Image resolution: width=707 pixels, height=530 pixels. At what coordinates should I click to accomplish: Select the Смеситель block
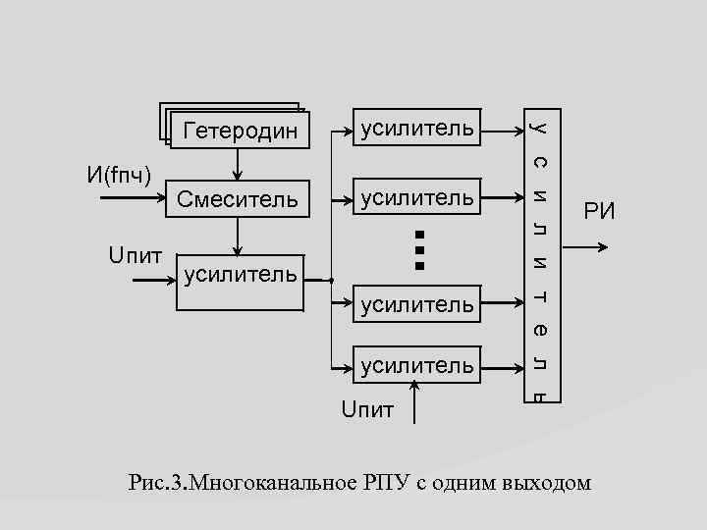click(x=237, y=200)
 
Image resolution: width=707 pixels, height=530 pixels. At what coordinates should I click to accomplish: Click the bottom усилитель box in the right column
click(x=417, y=366)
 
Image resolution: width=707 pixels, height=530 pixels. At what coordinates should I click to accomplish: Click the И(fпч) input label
click(x=119, y=176)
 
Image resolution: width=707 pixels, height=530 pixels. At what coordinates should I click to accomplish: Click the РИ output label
click(x=599, y=210)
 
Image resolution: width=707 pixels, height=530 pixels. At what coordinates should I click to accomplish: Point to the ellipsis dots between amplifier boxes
click(x=418, y=249)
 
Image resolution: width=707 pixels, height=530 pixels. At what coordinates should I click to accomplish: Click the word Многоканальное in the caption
click(x=278, y=483)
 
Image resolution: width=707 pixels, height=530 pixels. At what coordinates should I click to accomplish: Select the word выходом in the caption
click(x=546, y=483)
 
